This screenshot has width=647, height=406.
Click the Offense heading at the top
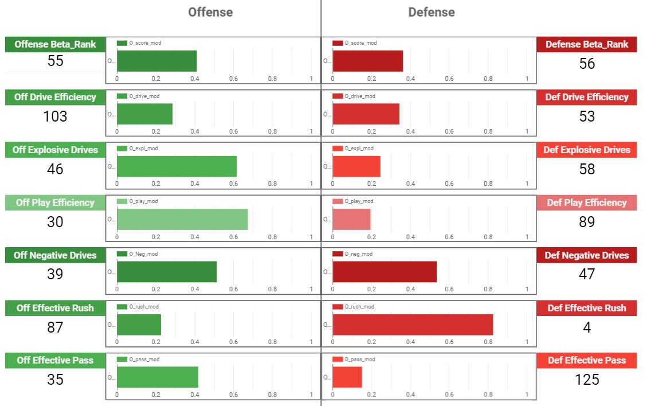210,12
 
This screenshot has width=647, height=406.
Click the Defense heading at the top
432,12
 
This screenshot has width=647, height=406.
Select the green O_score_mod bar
157,61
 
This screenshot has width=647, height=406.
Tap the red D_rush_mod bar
413,325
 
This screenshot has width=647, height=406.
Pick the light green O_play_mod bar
182,219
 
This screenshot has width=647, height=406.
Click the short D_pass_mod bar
347,377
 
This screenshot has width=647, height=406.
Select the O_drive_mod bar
145,114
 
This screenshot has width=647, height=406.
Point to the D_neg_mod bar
385,272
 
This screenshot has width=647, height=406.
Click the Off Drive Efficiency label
55,97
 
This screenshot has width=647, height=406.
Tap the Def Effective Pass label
587,360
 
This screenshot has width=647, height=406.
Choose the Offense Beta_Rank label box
55,44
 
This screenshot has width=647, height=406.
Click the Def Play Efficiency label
587,202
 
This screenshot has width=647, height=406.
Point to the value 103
55,116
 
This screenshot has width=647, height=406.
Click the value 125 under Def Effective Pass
587,380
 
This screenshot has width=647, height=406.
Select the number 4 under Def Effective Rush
587,327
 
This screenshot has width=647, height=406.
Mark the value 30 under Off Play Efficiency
55,222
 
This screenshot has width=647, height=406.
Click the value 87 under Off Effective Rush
55,327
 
